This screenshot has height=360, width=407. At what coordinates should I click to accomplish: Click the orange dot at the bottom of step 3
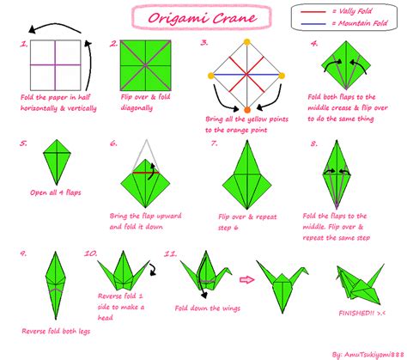click(x=247, y=110)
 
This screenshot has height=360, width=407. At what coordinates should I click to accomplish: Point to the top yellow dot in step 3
click(x=247, y=41)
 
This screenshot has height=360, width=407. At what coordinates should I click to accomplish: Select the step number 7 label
click(x=214, y=143)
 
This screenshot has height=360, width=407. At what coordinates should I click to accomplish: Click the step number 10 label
click(x=90, y=254)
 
